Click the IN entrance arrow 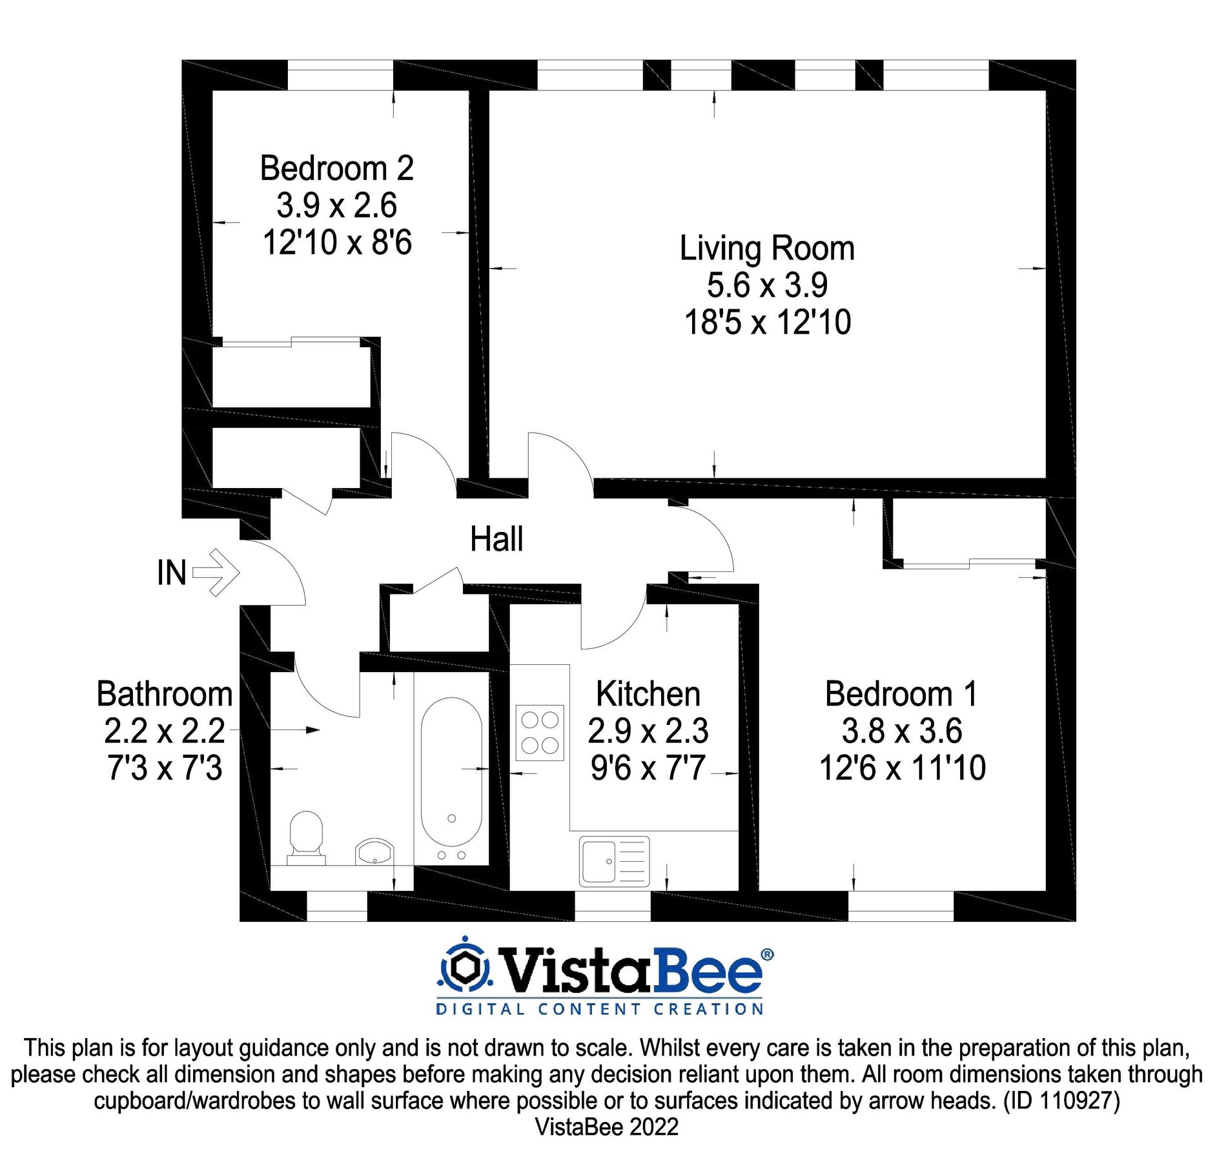pyautogui.click(x=216, y=572)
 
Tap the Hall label pyautogui.click(x=496, y=539)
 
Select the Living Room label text pyautogui.click(x=767, y=249)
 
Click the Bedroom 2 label pyautogui.click(x=336, y=168)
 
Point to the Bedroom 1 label pyautogui.click(x=901, y=694)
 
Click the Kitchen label pyautogui.click(x=648, y=694)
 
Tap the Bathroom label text pyautogui.click(x=165, y=694)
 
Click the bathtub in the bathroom pyautogui.click(x=451, y=771)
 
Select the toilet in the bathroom pyautogui.click(x=306, y=837)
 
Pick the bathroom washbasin pyautogui.click(x=374, y=852)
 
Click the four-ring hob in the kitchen pyautogui.click(x=540, y=733)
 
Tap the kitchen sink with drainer pyautogui.click(x=614, y=861)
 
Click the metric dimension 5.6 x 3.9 pyautogui.click(x=767, y=285)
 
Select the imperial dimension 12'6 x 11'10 pyautogui.click(x=902, y=768)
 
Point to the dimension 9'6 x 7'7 pyautogui.click(x=648, y=768)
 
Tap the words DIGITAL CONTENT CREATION pyautogui.click(x=600, y=1009)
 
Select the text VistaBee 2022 pyautogui.click(x=607, y=1126)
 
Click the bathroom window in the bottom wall pyautogui.click(x=336, y=906)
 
